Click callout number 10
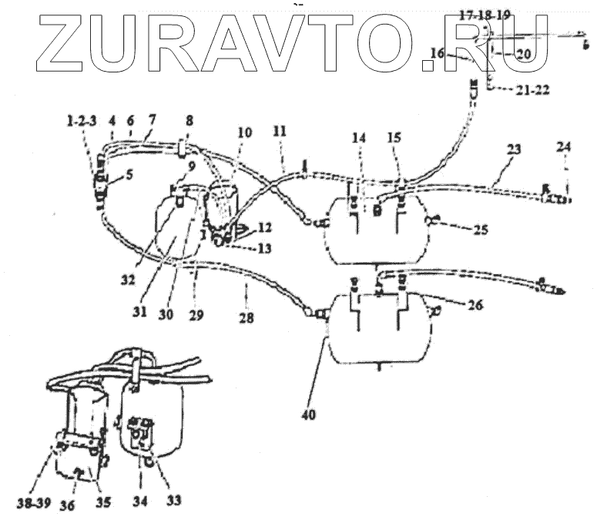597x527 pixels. coord(244,133)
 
